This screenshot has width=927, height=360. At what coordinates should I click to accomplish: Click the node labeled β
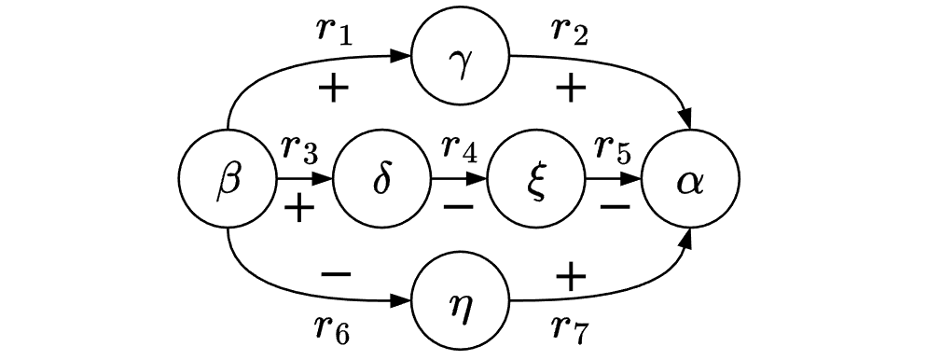coord(228,178)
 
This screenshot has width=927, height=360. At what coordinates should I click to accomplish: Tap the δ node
coord(381,178)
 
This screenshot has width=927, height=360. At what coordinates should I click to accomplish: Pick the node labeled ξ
coord(536,178)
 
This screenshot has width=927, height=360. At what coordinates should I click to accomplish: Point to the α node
coord(691,178)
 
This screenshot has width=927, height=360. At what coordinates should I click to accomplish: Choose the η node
coord(461,301)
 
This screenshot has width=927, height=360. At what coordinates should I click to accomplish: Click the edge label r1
coord(333,30)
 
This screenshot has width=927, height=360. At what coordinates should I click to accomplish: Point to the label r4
coord(458,147)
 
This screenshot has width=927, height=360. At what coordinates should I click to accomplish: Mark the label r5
coord(613,147)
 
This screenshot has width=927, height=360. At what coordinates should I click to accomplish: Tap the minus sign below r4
coord(458,207)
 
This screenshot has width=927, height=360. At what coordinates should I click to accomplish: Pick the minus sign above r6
coord(335,274)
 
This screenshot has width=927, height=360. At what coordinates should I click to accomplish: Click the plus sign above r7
coord(571,274)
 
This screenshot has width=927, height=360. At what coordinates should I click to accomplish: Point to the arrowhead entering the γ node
coord(403,56)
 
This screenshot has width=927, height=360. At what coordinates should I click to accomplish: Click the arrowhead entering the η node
coord(403,301)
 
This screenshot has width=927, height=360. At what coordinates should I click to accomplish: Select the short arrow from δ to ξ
coord(459,178)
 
